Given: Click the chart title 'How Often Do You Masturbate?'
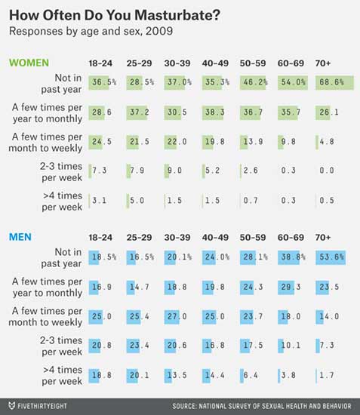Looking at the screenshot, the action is [x=115, y=15].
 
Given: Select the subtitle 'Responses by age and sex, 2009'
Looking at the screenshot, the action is [x=91, y=31].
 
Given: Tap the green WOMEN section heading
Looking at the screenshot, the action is [x=29, y=63].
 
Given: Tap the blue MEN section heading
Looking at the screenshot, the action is [x=20, y=237].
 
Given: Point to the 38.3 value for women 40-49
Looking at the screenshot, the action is [x=214, y=112].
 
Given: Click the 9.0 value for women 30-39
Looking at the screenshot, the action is [x=174, y=171].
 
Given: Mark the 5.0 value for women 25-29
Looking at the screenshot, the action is [x=137, y=201].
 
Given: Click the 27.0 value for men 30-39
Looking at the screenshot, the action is [x=177, y=316].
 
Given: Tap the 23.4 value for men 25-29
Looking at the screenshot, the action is [x=139, y=345].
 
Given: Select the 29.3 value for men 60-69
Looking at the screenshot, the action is [x=291, y=287].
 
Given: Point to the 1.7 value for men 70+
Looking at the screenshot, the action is [x=327, y=375].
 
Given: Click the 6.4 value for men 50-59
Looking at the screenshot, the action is [x=251, y=375].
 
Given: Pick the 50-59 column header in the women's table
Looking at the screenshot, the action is [x=253, y=63].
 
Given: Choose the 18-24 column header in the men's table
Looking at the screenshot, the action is [x=100, y=238].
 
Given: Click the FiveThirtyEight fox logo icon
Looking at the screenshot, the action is [x=11, y=406].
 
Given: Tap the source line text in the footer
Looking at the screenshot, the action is [x=262, y=406].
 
